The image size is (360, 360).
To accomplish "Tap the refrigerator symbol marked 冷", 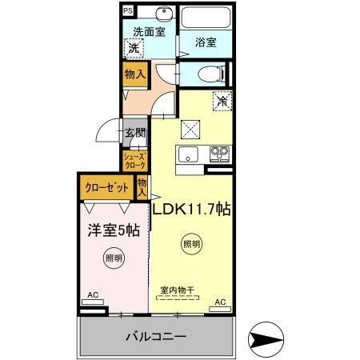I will [222, 101].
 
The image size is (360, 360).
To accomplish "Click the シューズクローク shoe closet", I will [134, 160].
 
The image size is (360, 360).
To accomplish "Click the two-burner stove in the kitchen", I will [218, 153].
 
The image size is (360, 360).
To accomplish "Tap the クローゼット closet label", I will [107, 189].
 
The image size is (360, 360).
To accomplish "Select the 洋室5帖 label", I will [113, 230].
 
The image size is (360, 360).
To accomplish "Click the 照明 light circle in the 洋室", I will [113, 258].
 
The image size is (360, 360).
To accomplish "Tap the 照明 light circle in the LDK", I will [191, 244].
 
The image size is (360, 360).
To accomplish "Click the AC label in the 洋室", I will [93, 295].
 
